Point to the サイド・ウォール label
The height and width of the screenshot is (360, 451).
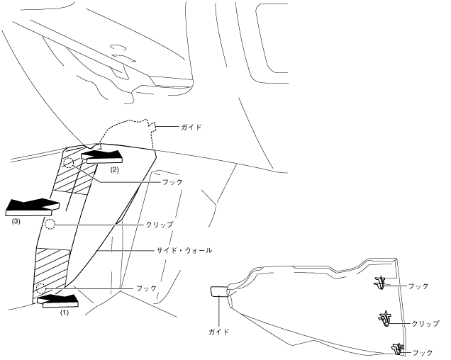click(x=183, y=251)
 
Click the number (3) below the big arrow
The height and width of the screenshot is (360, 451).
click(x=17, y=220)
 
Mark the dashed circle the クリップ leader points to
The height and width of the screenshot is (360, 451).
click(x=50, y=225)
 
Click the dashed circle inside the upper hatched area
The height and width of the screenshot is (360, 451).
click(x=69, y=164)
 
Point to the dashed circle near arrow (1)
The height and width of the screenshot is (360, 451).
click(x=41, y=288)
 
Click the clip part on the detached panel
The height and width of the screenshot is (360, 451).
click(x=386, y=318)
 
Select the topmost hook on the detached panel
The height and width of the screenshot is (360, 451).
click(x=382, y=283)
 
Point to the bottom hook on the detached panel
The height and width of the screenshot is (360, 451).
click(x=397, y=348)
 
